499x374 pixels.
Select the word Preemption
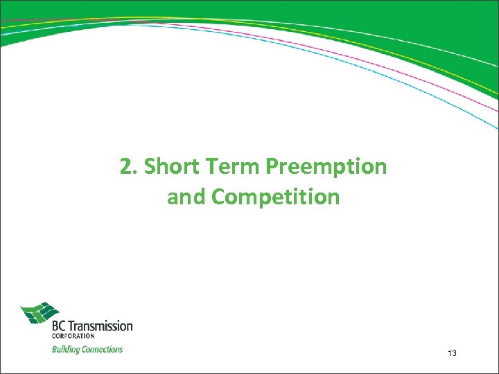(327, 167)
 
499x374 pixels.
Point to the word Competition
(276, 197)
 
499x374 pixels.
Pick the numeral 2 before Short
(125, 167)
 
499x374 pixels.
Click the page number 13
(452, 354)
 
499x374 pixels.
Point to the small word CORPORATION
(72, 337)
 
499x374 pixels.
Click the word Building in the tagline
(66, 349)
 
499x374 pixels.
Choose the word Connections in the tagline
(102, 349)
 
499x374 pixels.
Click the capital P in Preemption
(272, 167)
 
